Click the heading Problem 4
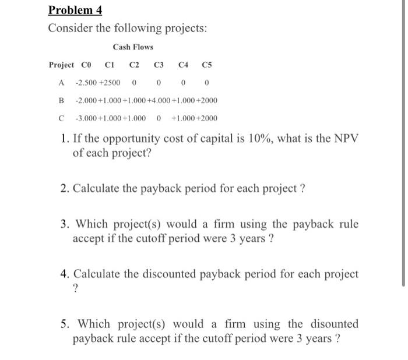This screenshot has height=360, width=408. click(75, 10)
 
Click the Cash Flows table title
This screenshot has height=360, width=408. click(133, 47)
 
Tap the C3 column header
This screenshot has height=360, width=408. click(159, 65)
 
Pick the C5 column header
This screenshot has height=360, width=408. click(207, 65)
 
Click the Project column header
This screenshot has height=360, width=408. click(61, 65)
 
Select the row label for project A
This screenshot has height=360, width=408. click(61, 83)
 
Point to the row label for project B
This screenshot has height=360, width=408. click(61, 101)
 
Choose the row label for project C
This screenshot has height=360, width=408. click(61, 119)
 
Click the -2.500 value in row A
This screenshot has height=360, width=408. click(86, 83)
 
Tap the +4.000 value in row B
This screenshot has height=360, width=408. click(159, 101)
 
